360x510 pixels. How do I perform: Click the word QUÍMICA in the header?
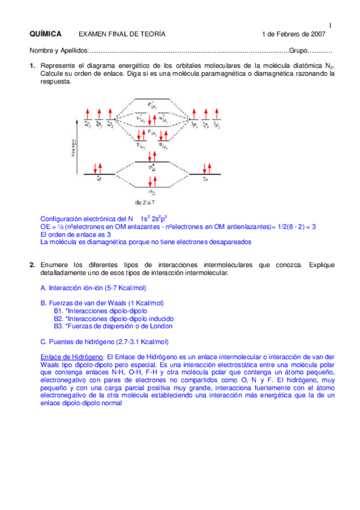pos(44,34)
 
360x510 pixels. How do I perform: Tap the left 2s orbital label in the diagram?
pos(99,179)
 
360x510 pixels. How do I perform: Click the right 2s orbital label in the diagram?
pos(206,179)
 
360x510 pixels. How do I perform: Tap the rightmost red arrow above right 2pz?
pos(218,115)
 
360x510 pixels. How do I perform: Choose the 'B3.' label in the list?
pos(58,326)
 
